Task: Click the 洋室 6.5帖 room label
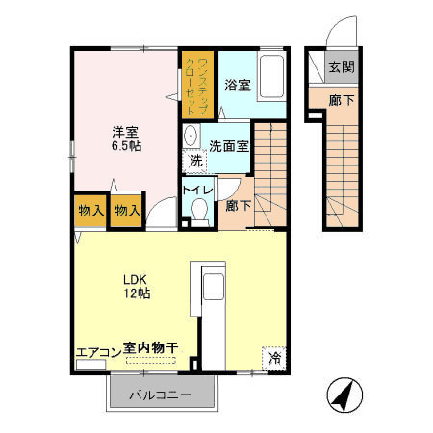click(x=126, y=139)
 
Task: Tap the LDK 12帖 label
click(x=137, y=287)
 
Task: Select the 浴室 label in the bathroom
click(x=238, y=85)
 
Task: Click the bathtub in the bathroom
click(x=271, y=77)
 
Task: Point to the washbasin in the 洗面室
click(x=191, y=136)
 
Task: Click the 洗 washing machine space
click(x=195, y=161)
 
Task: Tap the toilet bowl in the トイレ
click(x=199, y=210)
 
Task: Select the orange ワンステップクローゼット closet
click(x=197, y=85)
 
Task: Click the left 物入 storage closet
click(x=90, y=211)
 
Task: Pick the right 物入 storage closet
click(x=127, y=211)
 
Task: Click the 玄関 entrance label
click(x=342, y=67)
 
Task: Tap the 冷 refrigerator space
click(x=274, y=358)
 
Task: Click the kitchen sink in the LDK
click(x=214, y=287)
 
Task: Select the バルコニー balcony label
click(x=161, y=395)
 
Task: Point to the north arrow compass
click(x=344, y=395)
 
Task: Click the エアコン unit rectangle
click(x=90, y=365)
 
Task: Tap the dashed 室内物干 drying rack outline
click(x=151, y=360)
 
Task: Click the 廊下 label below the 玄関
click(x=342, y=101)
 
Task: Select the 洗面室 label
click(x=229, y=146)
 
